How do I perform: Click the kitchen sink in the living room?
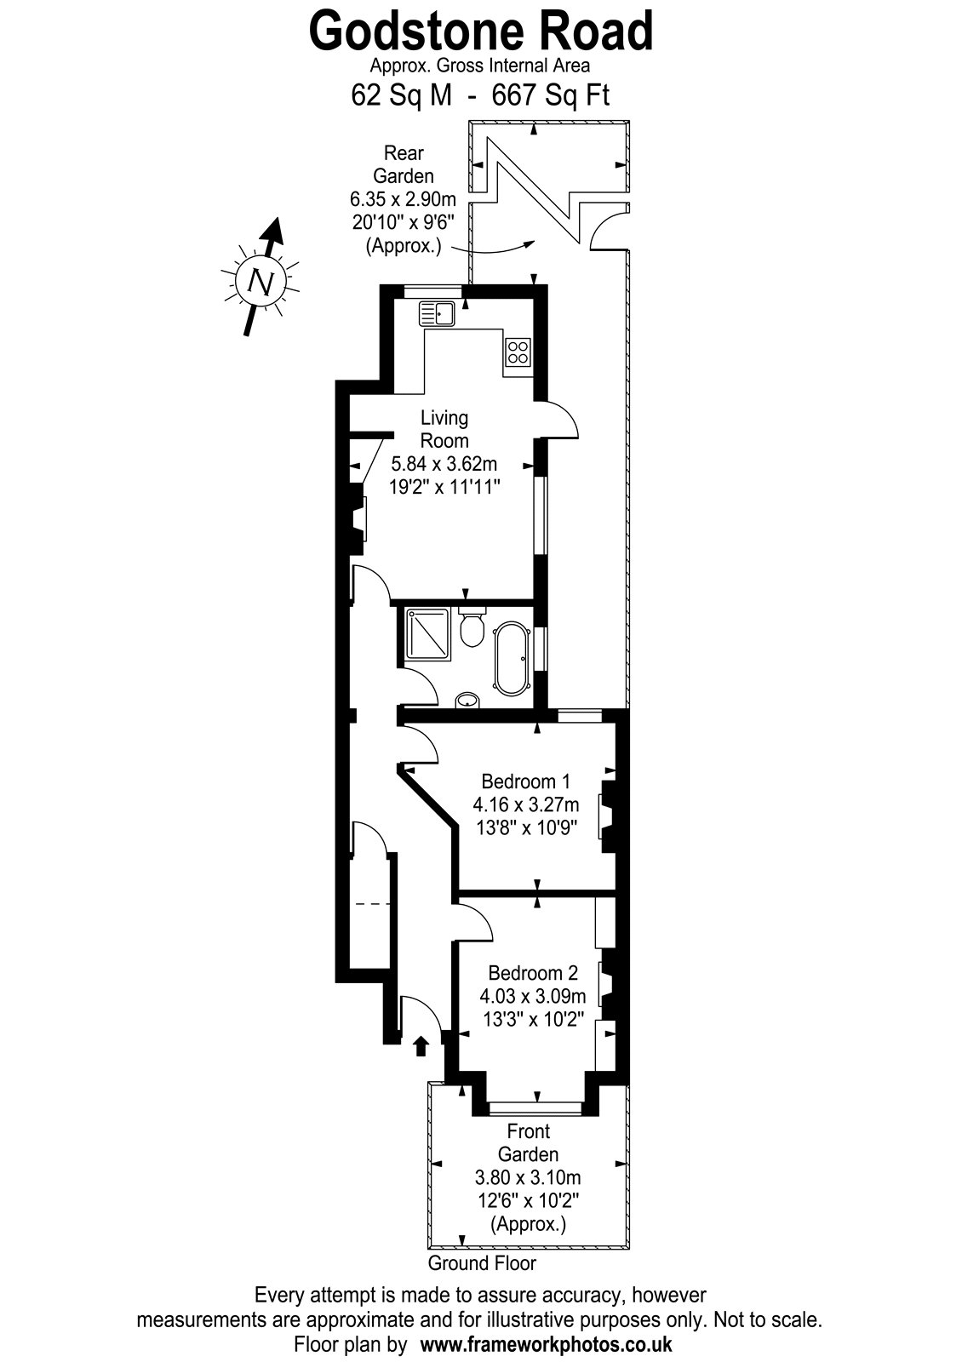click(436, 313)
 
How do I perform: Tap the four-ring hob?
click(518, 352)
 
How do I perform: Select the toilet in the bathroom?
click(472, 627)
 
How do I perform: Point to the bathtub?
click(511, 658)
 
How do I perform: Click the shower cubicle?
click(429, 633)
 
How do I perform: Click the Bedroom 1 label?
click(526, 781)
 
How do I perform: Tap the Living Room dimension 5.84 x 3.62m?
click(444, 464)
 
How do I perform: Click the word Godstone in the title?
click(414, 31)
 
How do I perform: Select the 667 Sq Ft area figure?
click(550, 95)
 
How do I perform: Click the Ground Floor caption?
click(482, 1263)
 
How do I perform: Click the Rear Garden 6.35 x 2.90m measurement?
click(403, 199)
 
